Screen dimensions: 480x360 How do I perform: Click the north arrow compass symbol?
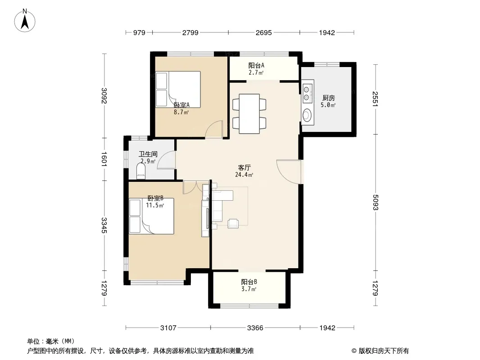(25, 21)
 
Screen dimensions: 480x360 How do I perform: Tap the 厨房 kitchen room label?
(328, 98)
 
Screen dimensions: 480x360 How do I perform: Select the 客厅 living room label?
(245, 167)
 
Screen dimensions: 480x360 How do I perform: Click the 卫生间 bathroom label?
(148, 154)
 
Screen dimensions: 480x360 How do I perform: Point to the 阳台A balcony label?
(256, 65)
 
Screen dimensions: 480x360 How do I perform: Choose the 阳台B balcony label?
(249, 282)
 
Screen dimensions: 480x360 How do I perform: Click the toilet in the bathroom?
(141, 171)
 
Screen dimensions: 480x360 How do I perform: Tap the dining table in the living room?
(249, 114)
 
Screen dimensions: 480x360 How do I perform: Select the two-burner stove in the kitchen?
(307, 94)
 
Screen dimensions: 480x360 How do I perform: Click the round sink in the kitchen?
(307, 116)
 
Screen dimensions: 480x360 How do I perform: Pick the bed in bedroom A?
(178, 89)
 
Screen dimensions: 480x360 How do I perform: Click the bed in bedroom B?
(151, 216)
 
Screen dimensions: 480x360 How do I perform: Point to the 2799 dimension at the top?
(190, 33)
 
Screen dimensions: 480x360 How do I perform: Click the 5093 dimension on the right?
(376, 202)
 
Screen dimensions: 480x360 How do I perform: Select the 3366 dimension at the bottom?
(255, 328)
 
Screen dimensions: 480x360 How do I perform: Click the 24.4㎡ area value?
(244, 175)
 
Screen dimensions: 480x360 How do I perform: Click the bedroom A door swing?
(214, 130)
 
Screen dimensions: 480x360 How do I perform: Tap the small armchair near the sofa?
(233, 224)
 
